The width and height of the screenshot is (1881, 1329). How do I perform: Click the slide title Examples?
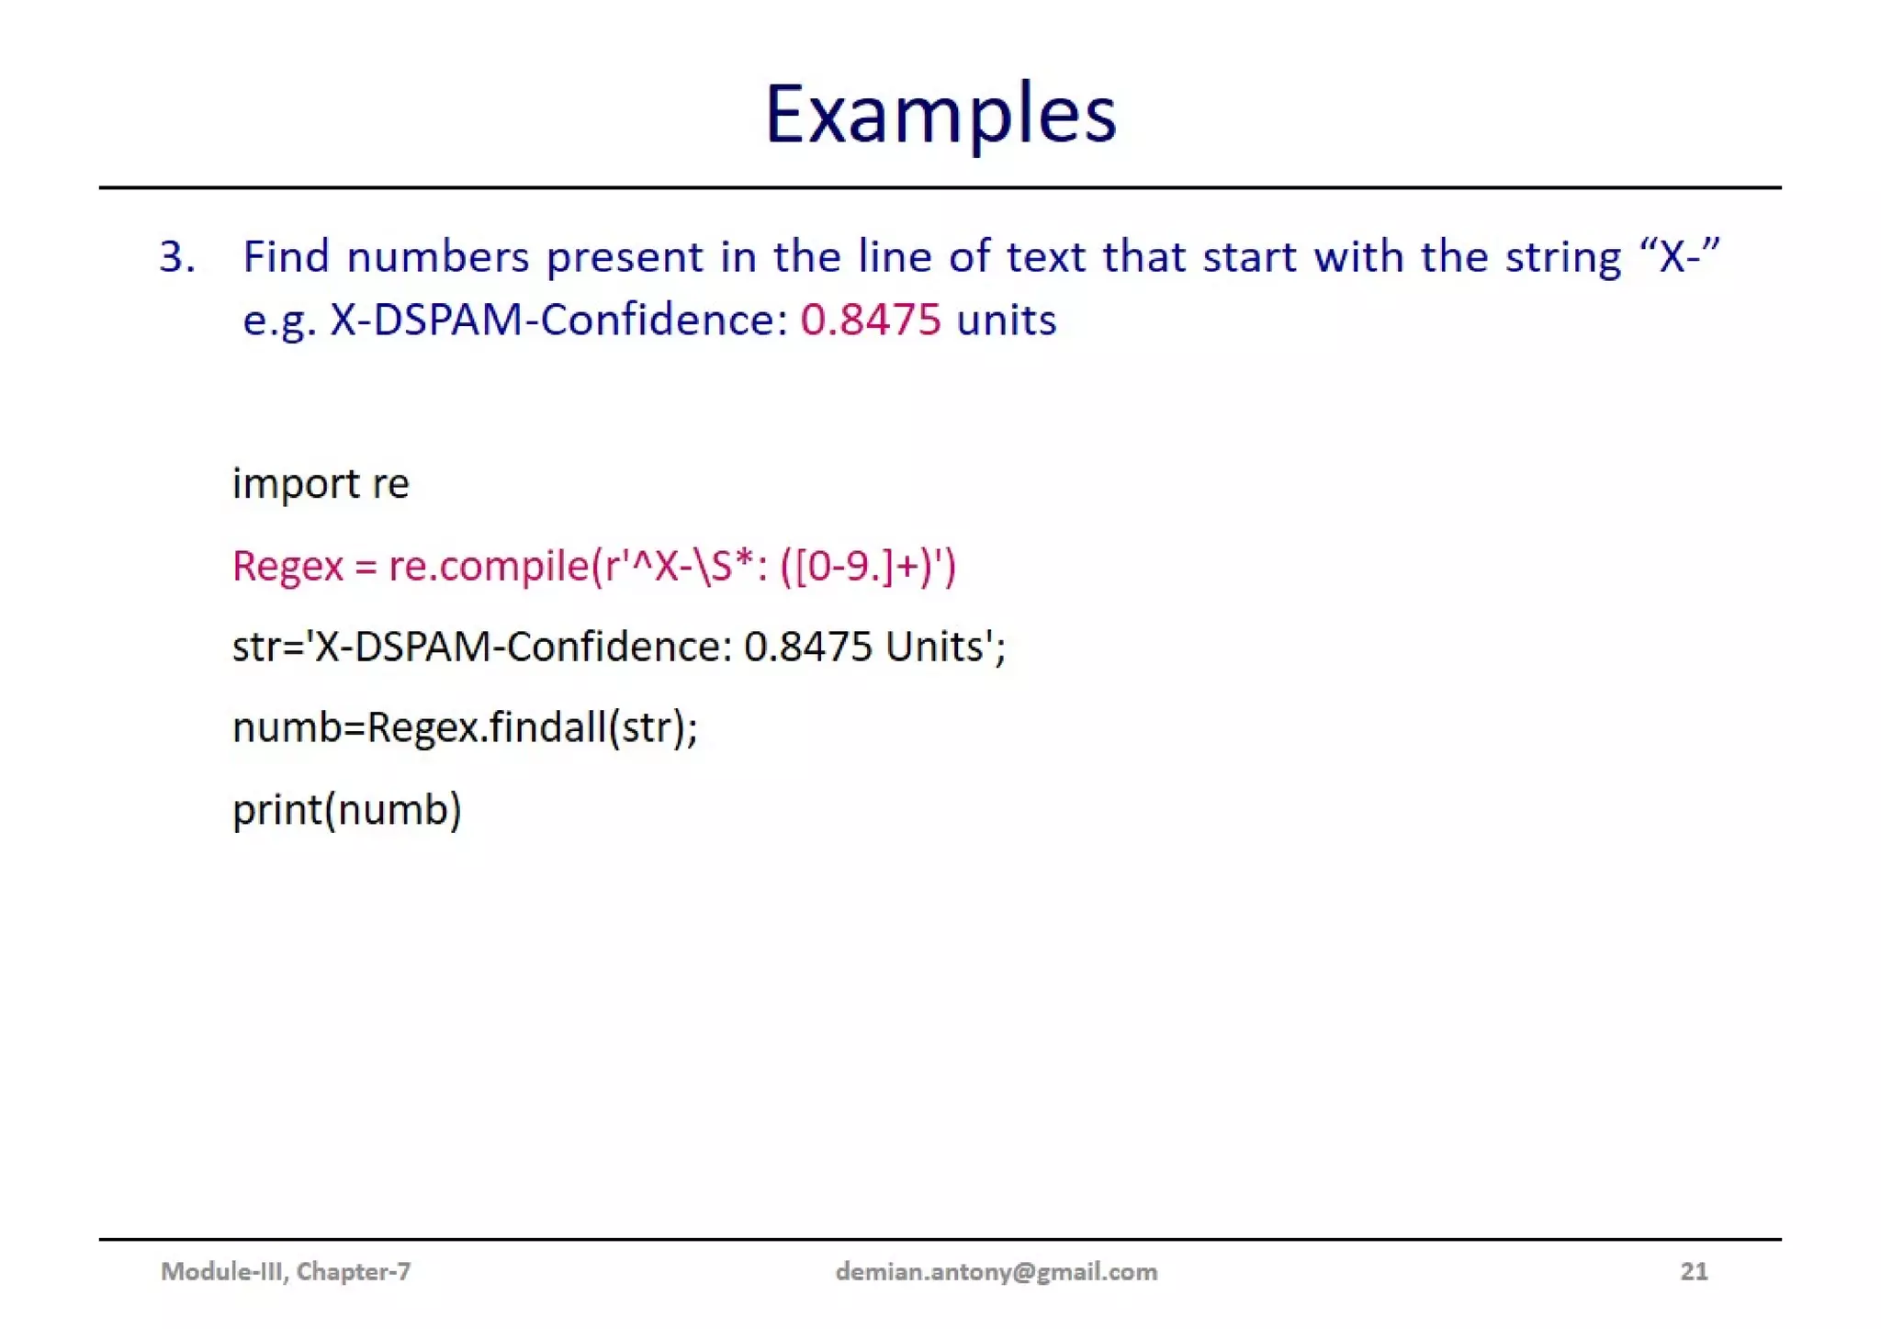pyautogui.click(x=940, y=115)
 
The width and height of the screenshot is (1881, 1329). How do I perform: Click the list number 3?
pyautogui.click(x=176, y=256)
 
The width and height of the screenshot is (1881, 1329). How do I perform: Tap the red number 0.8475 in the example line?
pyautogui.click(x=870, y=320)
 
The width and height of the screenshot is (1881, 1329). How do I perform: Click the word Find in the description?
pyautogui.click(x=286, y=256)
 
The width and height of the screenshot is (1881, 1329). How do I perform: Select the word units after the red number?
pyautogui.click(x=1006, y=320)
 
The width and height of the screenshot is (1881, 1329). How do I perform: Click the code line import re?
pyautogui.click(x=321, y=483)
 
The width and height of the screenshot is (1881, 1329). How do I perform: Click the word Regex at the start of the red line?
pyautogui.click(x=287, y=566)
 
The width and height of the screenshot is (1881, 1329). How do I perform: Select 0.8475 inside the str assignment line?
pyautogui.click(x=807, y=647)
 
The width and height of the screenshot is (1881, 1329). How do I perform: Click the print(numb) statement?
pyautogui.click(x=347, y=809)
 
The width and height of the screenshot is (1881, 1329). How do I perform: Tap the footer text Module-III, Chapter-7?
pyautogui.click(x=286, y=1271)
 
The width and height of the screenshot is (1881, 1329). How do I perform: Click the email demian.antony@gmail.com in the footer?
pyautogui.click(x=996, y=1271)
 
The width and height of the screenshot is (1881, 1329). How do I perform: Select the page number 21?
pyautogui.click(x=1694, y=1271)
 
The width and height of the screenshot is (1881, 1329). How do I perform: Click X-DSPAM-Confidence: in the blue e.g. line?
pyautogui.click(x=558, y=320)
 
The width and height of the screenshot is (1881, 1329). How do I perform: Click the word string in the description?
pyautogui.click(x=1562, y=256)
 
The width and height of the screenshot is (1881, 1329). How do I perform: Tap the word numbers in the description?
pyautogui.click(x=437, y=256)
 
